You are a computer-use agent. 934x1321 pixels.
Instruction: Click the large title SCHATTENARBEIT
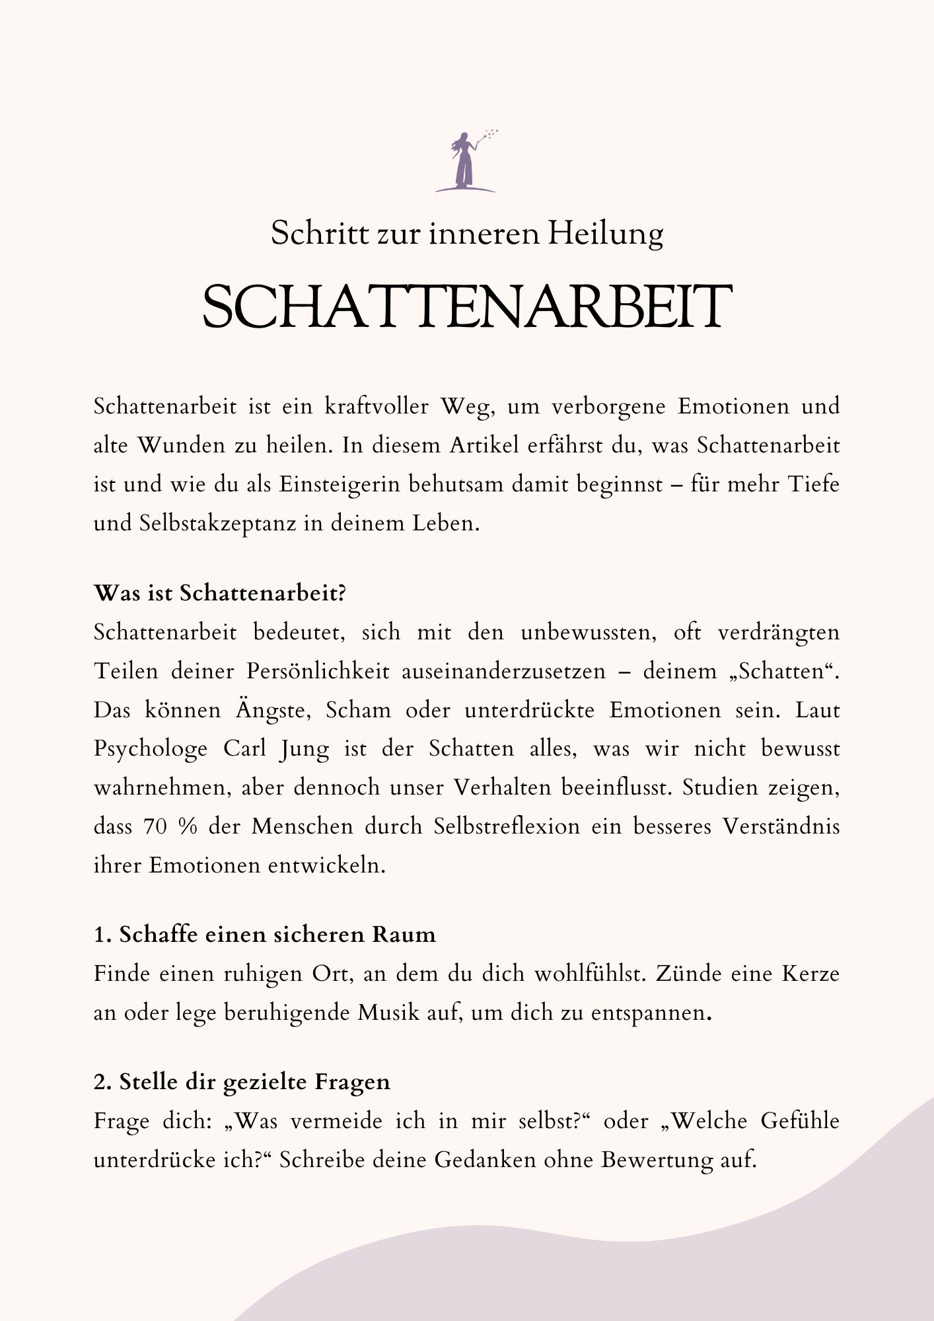467,308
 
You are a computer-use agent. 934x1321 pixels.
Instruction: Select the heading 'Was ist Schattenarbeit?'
220,593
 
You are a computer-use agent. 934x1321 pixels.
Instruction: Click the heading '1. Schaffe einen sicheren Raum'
265,935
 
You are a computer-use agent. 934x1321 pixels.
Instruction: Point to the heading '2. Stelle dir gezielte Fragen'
242,1082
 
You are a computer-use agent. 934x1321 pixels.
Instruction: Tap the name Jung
303,749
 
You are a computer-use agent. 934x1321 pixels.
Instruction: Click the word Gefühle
799,1121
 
